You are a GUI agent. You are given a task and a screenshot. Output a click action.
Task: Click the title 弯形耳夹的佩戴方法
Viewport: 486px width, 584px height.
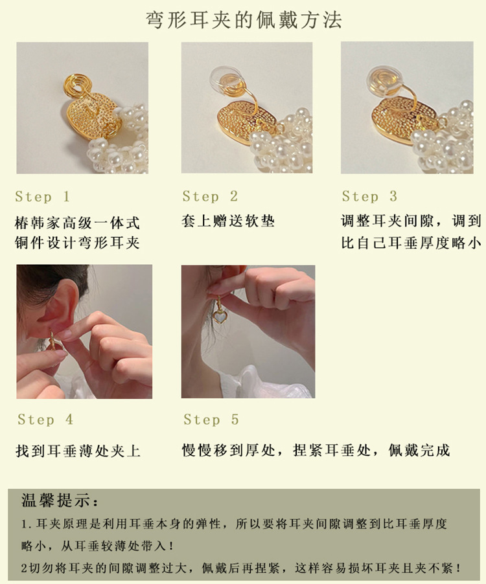coord(243,21)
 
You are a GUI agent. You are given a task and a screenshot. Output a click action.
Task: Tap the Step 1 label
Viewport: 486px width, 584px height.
coord(43,196)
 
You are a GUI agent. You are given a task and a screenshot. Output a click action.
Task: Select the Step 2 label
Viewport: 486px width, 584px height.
coord(211,196)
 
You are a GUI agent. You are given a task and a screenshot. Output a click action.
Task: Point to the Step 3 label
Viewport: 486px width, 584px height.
coord(370,196)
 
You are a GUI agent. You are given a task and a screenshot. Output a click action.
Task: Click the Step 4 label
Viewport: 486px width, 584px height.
coord(45,420)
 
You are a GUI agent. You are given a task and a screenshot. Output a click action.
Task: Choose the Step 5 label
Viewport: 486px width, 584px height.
coord(211,420)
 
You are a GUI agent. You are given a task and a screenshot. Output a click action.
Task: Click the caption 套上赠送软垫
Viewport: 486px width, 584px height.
coord(228,221)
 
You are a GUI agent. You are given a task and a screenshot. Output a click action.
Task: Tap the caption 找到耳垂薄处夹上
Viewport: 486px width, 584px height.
coord(78,450)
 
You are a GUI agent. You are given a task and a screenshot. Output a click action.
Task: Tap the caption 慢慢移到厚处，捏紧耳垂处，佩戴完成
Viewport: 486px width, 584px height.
coord(316,450)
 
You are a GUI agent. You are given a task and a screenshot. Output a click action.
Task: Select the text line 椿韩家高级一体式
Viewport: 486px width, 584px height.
coord(77,223)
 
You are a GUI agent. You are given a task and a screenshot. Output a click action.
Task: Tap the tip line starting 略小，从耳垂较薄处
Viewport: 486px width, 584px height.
coord(97,546)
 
